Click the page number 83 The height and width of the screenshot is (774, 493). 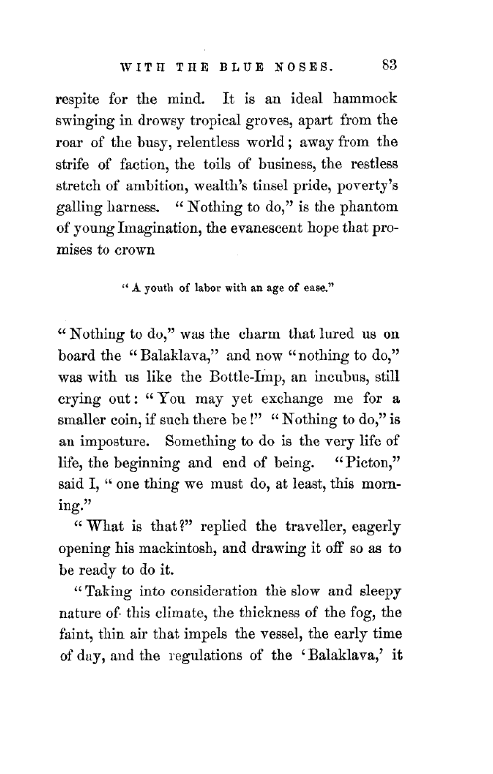pos(388,66)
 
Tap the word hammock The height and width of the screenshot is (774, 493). pos(365,99)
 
